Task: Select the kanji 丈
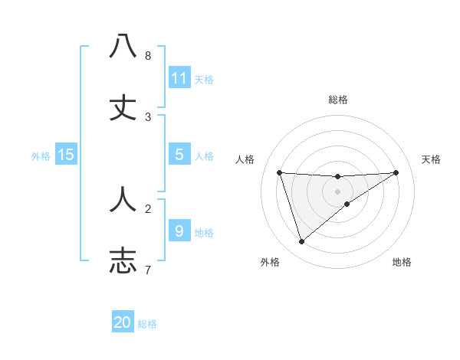[x=123, y=108]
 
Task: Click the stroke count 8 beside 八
[x=148, y=56]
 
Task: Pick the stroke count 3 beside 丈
[x=148, y=117]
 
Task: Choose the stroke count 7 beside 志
[x=148, y=270]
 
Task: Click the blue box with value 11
[x=179, y=78]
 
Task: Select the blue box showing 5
[x=179, y=155]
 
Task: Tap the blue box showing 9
[x=179, y=231]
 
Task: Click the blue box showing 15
[x=66, y=155]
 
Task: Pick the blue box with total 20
[x=123, y=322]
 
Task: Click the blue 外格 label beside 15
[x=41, y=156]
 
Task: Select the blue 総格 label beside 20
[x=147, y=324]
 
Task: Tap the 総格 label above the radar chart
[x=338, y=100]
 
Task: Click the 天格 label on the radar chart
[x=432, y=159]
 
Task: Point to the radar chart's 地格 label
[x=402, y=262]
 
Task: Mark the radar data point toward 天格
[x=396, y=172]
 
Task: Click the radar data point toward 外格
[x=302, y=242]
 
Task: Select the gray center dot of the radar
[x=338, y=191]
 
